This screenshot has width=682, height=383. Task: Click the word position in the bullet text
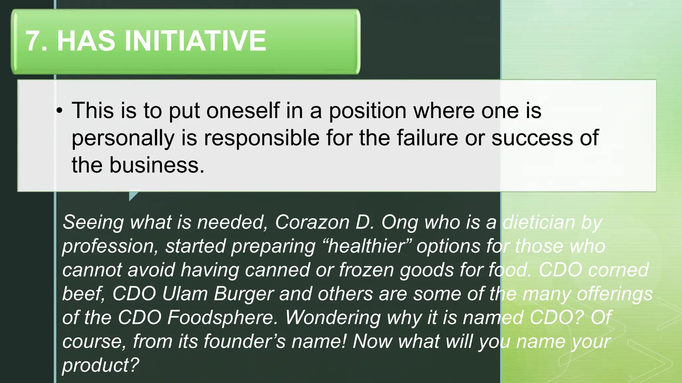click(x=368, y=111)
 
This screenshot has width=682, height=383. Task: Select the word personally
click(x=123, y=138)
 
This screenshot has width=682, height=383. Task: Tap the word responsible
click(x=261, y=138)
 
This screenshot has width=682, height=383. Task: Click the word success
click(x=532, y=138)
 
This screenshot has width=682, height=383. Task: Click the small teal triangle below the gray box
click(x=133, y=194)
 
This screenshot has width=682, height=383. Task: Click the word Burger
click(x=244, y=294)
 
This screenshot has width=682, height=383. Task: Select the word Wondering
click(x=333, y=318)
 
